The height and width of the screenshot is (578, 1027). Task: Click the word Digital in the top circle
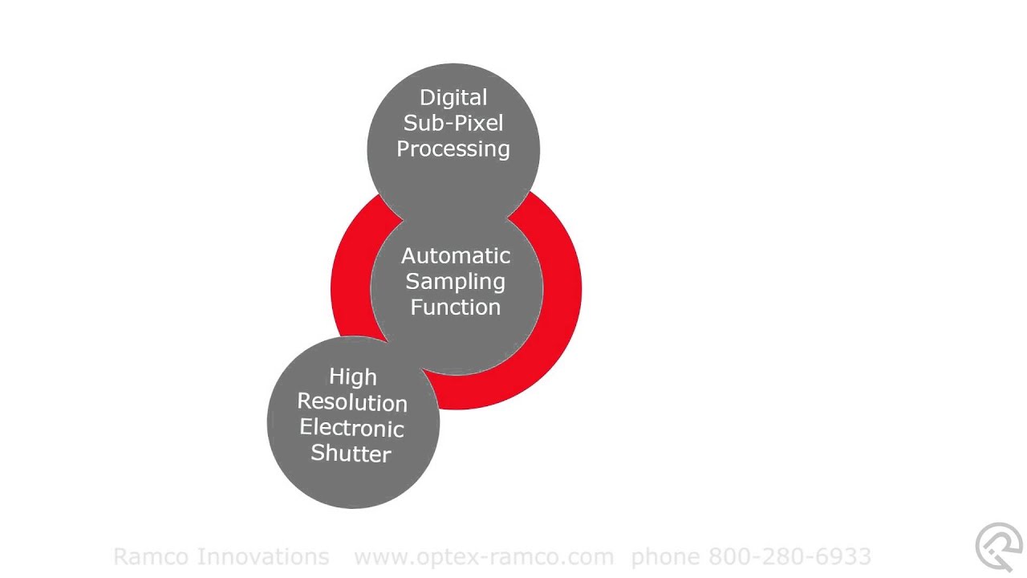453,99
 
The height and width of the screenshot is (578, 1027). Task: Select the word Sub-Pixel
453,123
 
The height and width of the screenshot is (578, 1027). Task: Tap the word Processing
453,149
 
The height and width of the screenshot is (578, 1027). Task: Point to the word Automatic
456,256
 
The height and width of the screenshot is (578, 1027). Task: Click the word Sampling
455,282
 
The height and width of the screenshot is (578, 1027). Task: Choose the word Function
455,307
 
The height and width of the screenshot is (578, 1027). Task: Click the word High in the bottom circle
353,377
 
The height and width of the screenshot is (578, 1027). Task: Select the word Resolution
352,402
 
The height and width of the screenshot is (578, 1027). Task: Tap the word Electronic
351,428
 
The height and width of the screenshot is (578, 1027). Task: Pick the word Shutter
351,454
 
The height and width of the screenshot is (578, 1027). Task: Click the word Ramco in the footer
151,556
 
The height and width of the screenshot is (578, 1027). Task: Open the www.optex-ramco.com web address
484,557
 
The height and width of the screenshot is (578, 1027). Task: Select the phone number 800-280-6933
790,556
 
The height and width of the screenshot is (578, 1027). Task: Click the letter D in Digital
428,98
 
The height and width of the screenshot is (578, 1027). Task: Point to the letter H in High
336,377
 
